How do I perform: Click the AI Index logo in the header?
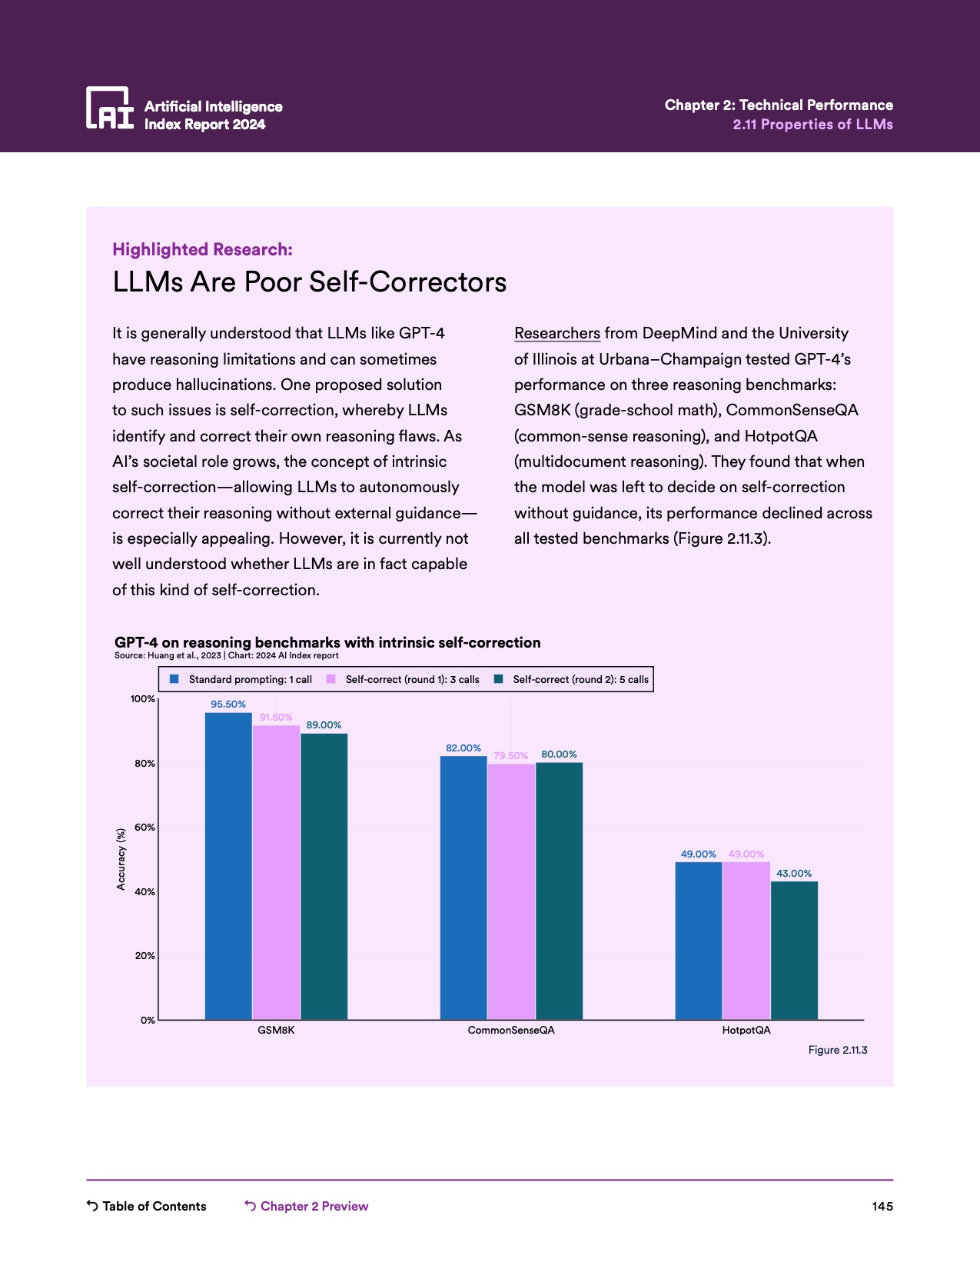tap(110, 108)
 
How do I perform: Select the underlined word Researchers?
tap(556, 333)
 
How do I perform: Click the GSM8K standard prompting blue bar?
tap(228, 865)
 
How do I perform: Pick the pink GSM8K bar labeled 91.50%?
tap(276, 872)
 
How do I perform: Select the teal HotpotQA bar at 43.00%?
tap(794, 950)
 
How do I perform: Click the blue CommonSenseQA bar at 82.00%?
tap(463, 888)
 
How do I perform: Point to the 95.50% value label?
tap(228, 704)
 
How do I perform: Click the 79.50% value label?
tap(511, 756)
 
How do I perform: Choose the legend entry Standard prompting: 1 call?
tap(241, 679)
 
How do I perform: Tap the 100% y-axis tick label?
tap(143, 699)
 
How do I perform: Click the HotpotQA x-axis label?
tap(746, 1031)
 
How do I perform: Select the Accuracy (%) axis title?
tap(121, 859)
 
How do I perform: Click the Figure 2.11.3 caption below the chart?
tap(837, 1050)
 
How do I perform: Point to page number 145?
tap(882, 1206)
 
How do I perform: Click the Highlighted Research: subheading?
tap(202, 249)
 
